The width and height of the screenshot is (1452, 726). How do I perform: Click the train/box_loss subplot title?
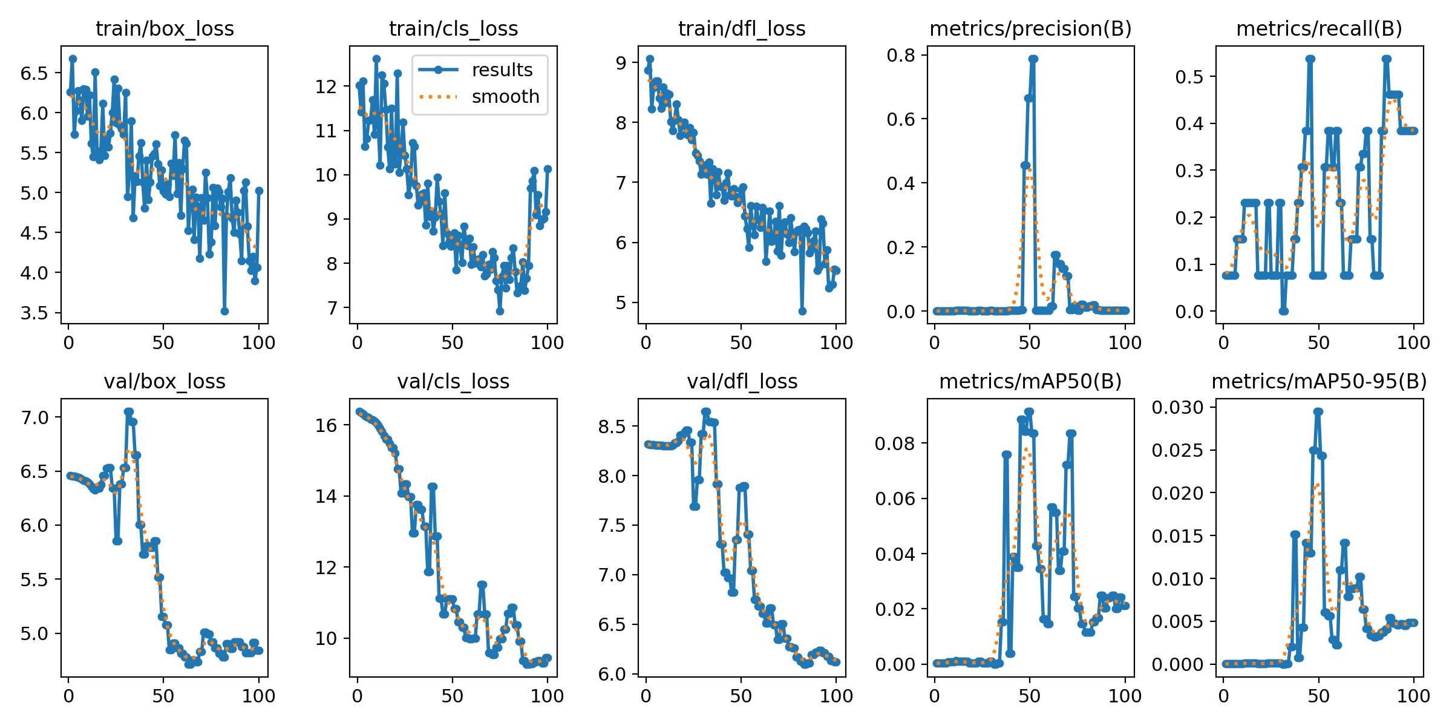(165, 28)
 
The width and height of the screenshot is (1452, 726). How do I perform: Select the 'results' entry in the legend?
(502, 70)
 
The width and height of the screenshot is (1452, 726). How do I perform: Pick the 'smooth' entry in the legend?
(505, 97)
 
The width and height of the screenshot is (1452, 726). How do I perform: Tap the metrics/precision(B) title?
(1030, 28)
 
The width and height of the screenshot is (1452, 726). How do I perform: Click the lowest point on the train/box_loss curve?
(224, 311)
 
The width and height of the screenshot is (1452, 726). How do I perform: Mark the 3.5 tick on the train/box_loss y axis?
(34, 313)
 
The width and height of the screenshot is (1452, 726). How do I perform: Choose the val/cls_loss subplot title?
(453, 381)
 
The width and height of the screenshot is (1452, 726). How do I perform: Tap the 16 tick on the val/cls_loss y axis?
(326, 425)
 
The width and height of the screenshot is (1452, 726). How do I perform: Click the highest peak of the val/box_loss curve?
(128, 411)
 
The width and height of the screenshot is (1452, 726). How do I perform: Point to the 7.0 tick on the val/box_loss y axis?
(34, 417)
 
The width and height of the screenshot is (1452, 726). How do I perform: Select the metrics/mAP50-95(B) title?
(1319, 381)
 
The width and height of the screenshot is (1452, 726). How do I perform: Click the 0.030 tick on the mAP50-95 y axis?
(1177, 407)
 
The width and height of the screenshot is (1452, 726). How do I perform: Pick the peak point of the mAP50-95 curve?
(1318, 411)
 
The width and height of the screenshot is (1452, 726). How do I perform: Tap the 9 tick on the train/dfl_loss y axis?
(621, 62)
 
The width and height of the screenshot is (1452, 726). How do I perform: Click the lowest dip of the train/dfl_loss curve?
(802, 311)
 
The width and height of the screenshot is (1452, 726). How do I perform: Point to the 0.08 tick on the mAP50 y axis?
(895, 443)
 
